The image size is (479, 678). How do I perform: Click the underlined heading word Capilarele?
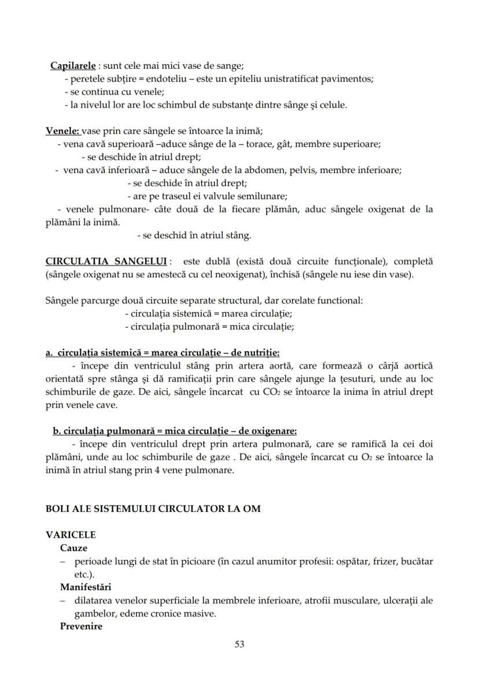(x=73, y=66)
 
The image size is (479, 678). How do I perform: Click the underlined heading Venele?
(x=64, y=131)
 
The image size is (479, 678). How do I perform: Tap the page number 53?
(x=239, y=644)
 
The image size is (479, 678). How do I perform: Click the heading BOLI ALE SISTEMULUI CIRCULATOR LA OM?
(x=153, y=509)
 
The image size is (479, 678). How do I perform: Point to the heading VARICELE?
(x=71, y=535)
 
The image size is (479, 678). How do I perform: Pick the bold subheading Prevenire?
(x=81, y=626)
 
